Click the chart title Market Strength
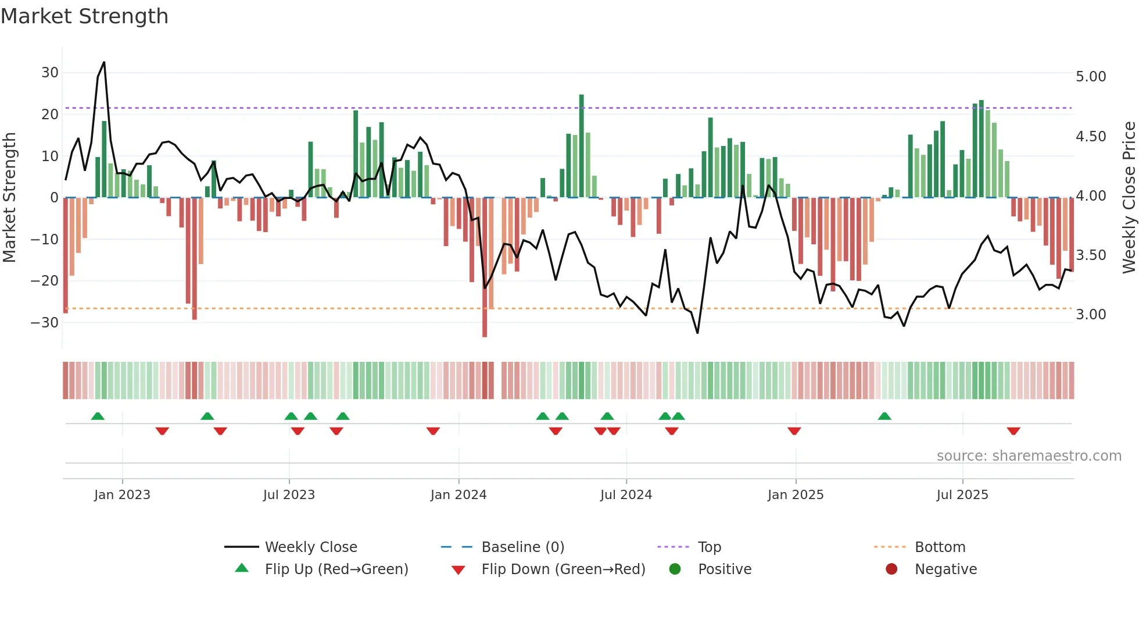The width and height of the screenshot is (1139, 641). click(84, 16)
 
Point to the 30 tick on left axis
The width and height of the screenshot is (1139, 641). click(50, 73)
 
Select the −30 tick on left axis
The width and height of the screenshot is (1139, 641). click(45, 322)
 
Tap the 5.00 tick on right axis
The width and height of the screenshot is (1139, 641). click(1091, 77)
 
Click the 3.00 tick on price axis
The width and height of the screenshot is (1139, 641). click(1091, 315)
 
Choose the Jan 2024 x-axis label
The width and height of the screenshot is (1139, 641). click(459, 495)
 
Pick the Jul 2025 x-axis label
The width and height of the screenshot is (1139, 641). click(962, 495)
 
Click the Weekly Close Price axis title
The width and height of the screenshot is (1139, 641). click(1129, 197)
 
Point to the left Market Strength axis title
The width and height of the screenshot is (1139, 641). click(10, 197)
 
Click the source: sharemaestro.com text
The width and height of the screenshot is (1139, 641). click(1029, 456)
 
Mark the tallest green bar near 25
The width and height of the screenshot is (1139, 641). click(581, 145)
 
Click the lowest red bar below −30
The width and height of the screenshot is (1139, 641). click(485, 268)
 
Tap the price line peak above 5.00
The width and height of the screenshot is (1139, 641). click(104, 62)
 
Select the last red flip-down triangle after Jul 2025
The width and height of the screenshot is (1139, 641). click(1013, 431)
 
